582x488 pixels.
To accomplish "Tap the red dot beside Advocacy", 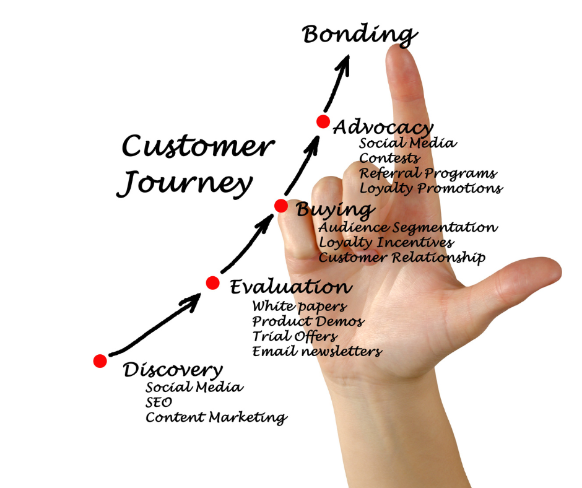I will coord(323,121).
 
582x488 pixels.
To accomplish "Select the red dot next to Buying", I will coord(281,206).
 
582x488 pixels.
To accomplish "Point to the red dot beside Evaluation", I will coord(213,283).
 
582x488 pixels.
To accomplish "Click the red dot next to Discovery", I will coord(100,361).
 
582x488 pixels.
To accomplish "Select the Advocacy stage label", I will coord(383,128).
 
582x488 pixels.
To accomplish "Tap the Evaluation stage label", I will coord(291,287).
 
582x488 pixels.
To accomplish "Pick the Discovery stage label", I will coord(173,370).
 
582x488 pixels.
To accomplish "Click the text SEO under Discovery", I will coord(159,403).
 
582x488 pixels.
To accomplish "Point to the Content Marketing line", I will coord(216,418).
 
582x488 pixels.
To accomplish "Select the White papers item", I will coord(299,306).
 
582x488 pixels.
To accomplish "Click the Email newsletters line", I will coord(317,352).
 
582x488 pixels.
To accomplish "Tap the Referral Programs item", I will coord(428,173).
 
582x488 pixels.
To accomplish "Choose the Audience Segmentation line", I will coord(408,227).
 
